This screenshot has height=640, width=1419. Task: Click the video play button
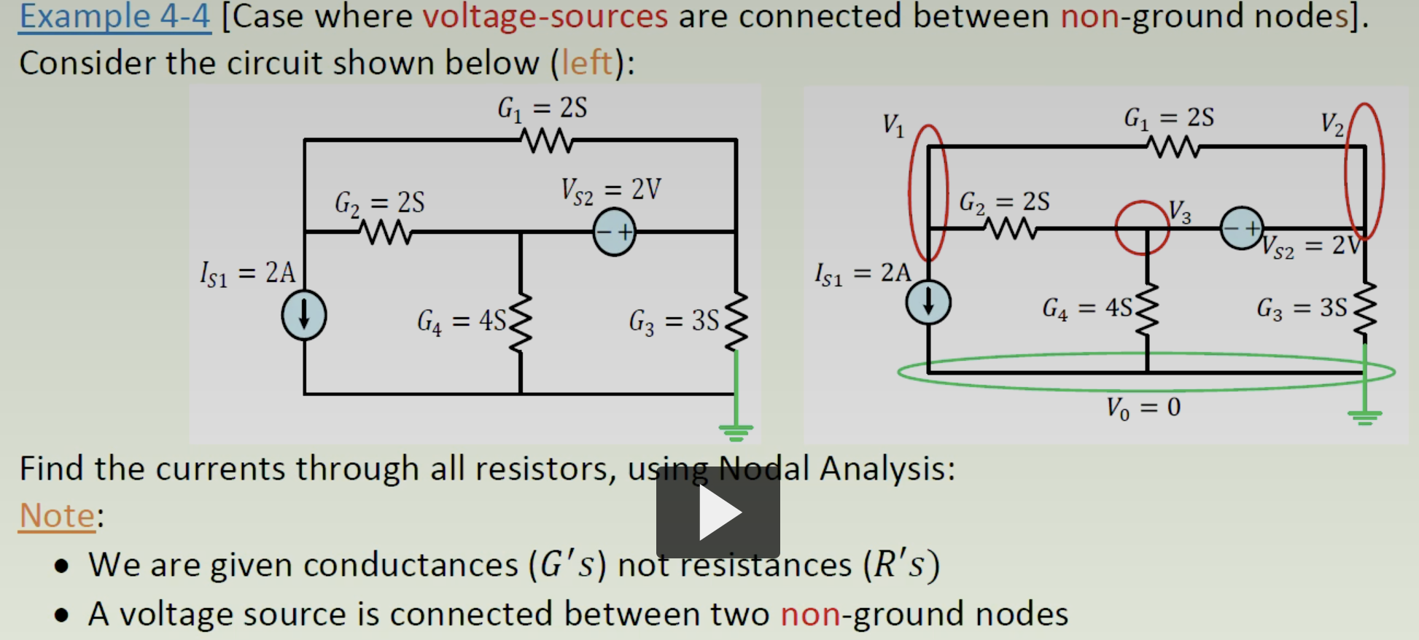718,513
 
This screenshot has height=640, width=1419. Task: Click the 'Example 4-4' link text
114,16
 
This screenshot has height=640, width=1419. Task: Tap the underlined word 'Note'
57,515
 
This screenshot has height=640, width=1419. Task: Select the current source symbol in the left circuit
304,316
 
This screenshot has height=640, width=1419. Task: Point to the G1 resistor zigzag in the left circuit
547,140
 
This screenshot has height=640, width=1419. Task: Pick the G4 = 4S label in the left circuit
461,321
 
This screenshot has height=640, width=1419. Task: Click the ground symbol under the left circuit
736,432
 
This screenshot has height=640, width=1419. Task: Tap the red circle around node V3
1142,228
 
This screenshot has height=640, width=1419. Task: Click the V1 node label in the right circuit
893,125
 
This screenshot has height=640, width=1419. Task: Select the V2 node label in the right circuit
1332,124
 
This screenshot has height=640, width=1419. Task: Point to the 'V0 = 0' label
1143,407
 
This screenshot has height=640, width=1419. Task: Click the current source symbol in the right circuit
928,302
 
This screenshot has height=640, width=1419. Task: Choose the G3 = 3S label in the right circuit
1301,308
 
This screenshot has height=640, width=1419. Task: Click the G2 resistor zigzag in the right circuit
1010,229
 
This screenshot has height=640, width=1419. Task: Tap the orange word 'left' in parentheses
587,63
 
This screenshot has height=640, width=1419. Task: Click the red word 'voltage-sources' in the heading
545,16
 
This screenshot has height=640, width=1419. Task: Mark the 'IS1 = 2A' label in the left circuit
247,273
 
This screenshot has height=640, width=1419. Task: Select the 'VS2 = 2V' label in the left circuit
610,190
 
